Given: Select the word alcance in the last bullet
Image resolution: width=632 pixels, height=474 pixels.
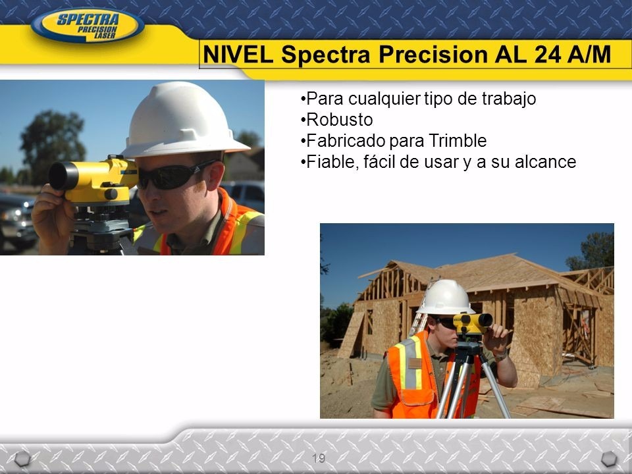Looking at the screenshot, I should click(x=544, y=162).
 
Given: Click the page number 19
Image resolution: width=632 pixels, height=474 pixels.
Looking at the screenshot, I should click(x=318, y=458).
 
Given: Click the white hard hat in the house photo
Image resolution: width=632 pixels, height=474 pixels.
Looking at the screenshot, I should click(x=446, y=297).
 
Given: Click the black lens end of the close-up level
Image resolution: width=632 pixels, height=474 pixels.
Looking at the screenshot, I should click(x=61, y=176).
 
